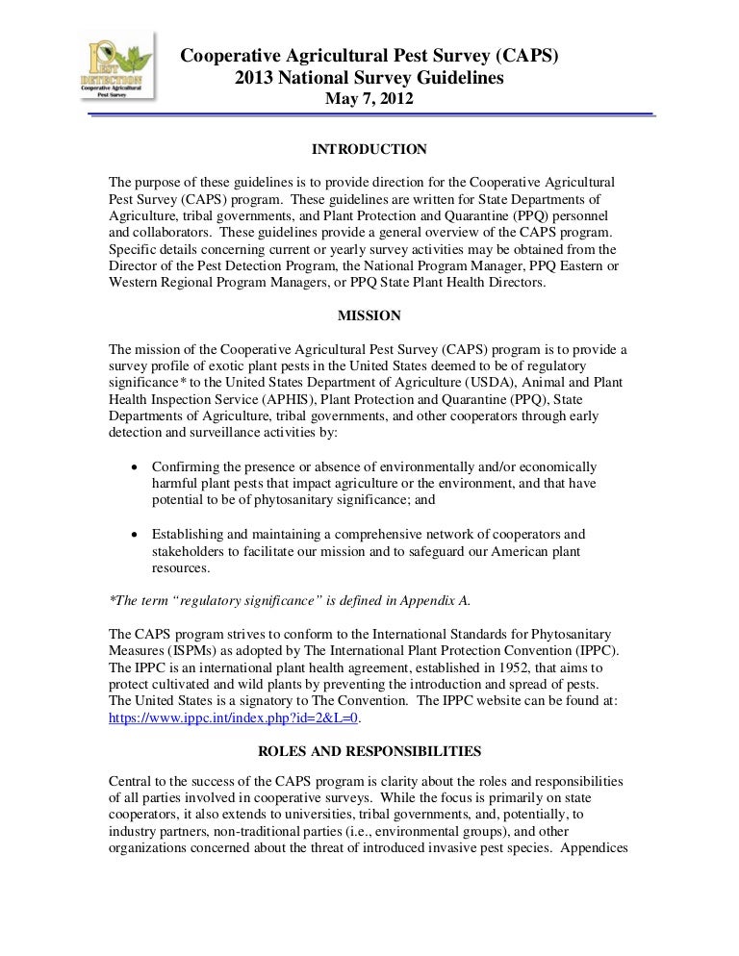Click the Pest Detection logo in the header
point(117,71)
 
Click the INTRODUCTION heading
point(369,149)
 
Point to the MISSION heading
point(369,315)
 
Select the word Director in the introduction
point(135,265)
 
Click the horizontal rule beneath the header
point(369,116)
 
